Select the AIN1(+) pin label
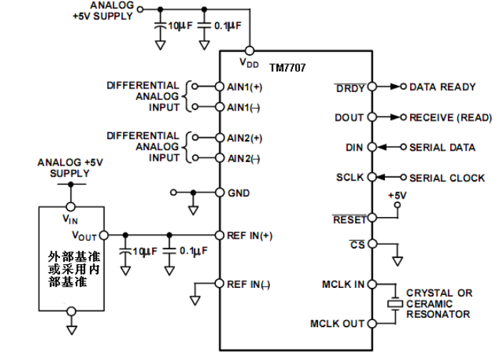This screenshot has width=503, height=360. (245, 87)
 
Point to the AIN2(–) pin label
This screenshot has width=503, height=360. (245, 158)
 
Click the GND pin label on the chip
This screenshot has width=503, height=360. (239, 193)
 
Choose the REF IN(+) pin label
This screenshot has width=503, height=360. (251, 235)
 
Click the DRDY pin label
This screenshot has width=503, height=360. (350, 88)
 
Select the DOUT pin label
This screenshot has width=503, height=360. (349, 118)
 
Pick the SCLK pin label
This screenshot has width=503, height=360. (350, 178)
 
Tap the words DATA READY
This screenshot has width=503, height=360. (442, 87)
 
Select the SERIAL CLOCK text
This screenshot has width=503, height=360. (447, 178)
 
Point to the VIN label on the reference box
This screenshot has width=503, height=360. (70, 219)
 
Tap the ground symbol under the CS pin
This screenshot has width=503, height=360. (397, 261)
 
